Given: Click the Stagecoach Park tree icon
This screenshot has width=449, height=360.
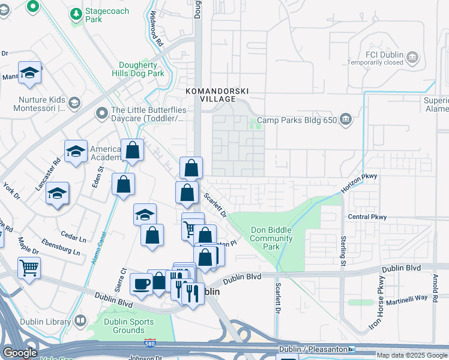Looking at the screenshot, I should (76, 13).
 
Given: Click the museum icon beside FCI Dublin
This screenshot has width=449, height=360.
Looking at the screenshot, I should (412, 58).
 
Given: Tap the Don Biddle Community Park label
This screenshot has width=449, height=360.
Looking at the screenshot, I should (271, 238).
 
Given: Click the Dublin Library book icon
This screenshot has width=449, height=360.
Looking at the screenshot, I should (80, 322).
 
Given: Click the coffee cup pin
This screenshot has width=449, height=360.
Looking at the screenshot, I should (141, 284).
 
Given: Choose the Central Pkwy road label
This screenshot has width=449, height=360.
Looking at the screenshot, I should (367, 217).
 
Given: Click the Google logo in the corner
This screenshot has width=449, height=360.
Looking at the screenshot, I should (20, 353).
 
